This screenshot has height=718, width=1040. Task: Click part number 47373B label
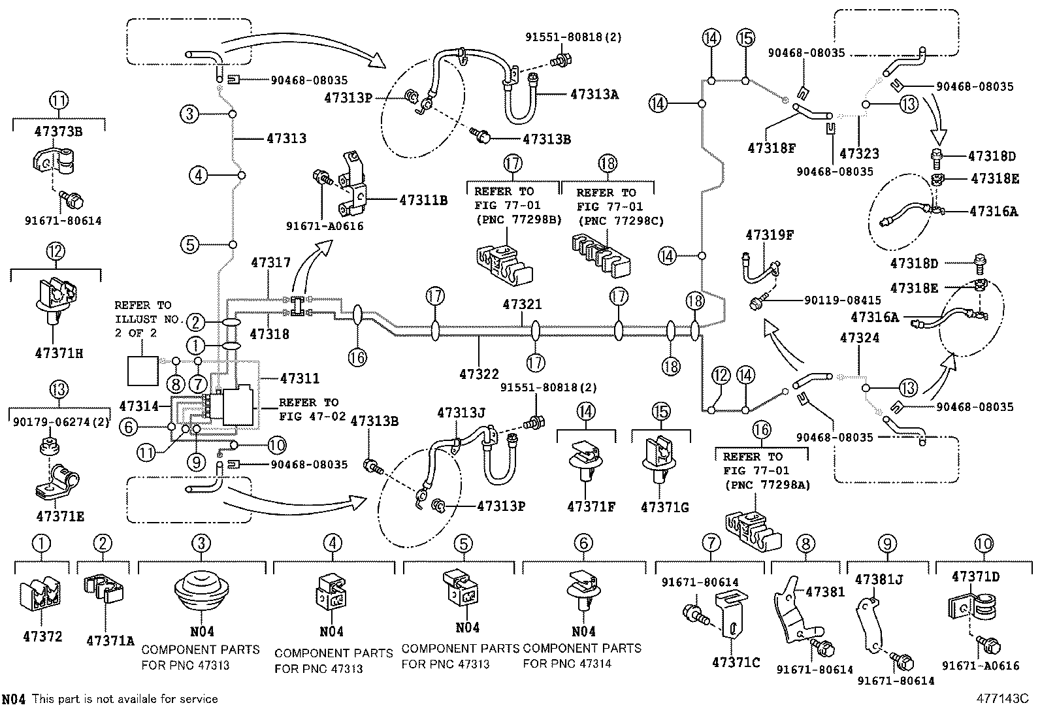[58, 131]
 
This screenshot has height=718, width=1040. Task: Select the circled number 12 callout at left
[55, 250]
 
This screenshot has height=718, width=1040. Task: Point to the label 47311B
[423, 201]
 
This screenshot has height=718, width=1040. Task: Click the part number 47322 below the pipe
[479, 374]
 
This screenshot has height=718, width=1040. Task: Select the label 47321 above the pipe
[522, 304]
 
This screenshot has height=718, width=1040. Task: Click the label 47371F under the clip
[591, 506]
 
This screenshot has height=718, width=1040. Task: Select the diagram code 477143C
[1003, 698]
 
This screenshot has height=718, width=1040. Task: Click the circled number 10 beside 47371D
[983, 544]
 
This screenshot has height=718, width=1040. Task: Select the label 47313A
[594, 94]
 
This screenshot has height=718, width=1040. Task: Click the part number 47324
[860, 338]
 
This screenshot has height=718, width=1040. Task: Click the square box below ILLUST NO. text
[142, 372]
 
